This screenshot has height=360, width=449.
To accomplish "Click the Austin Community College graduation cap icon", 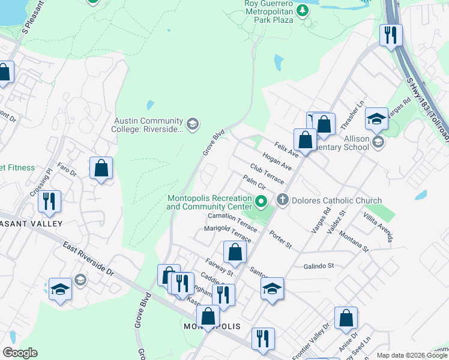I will [192, 124].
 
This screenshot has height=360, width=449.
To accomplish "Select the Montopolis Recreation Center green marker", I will [261, 202].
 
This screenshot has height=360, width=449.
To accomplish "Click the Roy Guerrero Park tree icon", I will [303, 10].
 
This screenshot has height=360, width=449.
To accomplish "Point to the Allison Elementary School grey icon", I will [378, 142].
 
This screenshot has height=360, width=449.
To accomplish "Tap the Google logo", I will [20, 353].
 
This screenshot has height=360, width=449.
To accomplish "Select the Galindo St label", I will [318, 266].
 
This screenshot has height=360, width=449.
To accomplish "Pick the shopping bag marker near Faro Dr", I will [101, 168].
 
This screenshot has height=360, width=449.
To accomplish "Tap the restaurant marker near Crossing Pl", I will [49, 202].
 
